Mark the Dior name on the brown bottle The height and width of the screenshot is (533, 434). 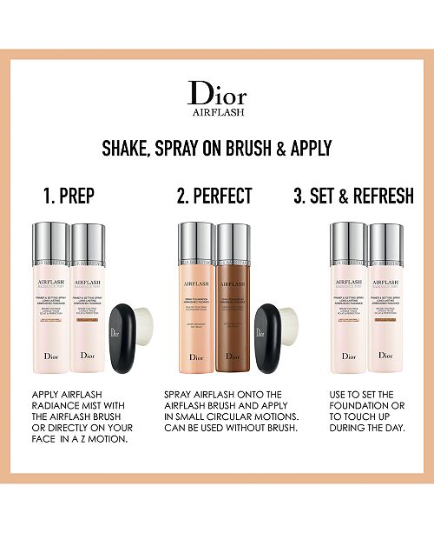coord(231,356)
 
